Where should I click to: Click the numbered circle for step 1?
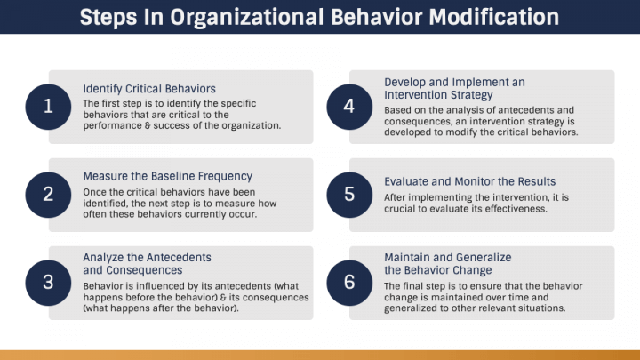pyautogui.click(x=49, y=107)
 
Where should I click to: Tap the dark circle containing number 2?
pyautogui.click(x=49, y=195)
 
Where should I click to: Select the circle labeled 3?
pyautogui.click(x=49, y=283)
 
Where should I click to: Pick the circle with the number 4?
pyautogui.click(x=349, y=107)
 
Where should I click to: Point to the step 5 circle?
pyautogui.click(x=349, y=195)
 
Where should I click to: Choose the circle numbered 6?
pyautogui.click(x=349, y=283)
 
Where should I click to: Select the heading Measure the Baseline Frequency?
pyautogui.click(x=167, y=176)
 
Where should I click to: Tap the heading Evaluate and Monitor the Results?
pyautogui.click(x=469, y=181)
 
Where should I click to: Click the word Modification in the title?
pyautogui.click(x=496, y=17)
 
